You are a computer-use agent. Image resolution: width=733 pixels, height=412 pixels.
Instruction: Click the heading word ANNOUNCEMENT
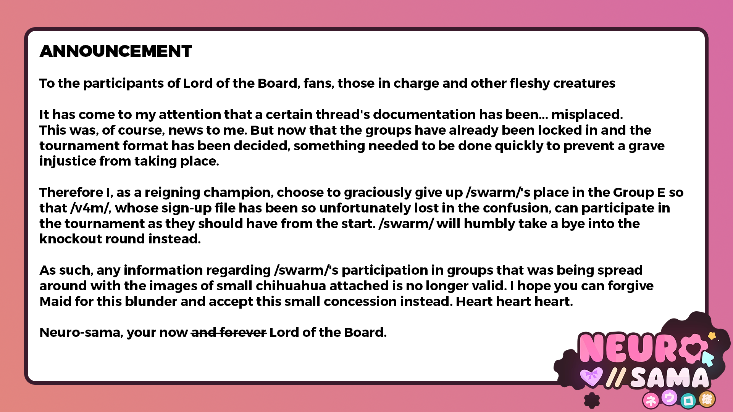(116, 51)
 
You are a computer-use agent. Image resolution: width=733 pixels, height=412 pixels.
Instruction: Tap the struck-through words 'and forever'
(228, 332)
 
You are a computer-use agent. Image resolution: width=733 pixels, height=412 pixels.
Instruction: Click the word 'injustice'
(68, 161)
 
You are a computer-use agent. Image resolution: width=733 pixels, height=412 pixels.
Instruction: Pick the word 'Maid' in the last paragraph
(56, 301)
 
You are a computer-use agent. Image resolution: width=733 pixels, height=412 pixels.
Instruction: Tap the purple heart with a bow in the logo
(591, 376)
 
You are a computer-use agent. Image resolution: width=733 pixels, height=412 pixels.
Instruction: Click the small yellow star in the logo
(712, 336)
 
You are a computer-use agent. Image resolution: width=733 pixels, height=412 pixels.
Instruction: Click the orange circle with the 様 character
(707, 399)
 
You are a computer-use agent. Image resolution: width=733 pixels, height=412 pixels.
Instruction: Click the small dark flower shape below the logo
(592, 401)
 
